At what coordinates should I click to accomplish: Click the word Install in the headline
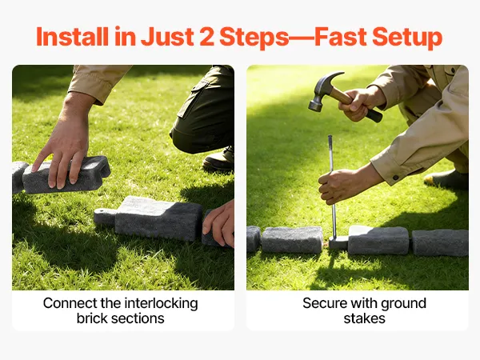(x=72, y=37)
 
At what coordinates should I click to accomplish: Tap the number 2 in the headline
(x=206, y=37)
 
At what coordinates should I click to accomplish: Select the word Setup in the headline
(x=407, y=38)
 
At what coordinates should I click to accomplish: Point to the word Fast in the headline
(x=341, y=37)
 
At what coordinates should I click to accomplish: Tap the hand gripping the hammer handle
(x=362, y=103)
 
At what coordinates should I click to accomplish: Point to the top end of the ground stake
(x=330, y=136)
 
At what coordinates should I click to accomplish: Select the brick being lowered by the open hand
(x=66, y=175)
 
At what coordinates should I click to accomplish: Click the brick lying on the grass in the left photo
(x=149, y=218)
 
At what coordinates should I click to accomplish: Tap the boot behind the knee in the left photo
(x=219, y=159)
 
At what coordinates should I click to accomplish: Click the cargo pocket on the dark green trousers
(x=192, y=98)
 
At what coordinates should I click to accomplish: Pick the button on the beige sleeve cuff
(x=395, y=178)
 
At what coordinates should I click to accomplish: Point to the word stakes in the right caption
(x=364, y=318)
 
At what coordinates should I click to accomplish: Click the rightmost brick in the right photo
(x=440, y=242)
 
